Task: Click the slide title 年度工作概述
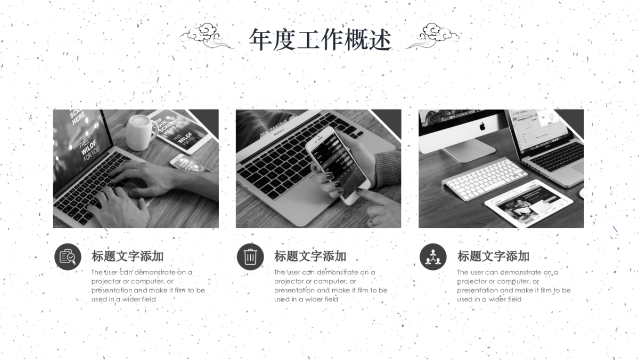[320, 40]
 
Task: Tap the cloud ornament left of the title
[204, 36]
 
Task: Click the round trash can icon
[250, 257]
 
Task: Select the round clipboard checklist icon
[68, 257]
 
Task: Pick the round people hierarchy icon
[433, 257]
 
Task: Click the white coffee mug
[140, 132]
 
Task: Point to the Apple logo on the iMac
[482, 126]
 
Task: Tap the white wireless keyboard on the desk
[484, 178]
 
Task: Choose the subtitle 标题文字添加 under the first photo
[128, 256]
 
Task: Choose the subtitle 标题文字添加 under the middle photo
[310, 256]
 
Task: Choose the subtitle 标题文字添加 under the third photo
[494, 256]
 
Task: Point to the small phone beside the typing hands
[190, 162]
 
